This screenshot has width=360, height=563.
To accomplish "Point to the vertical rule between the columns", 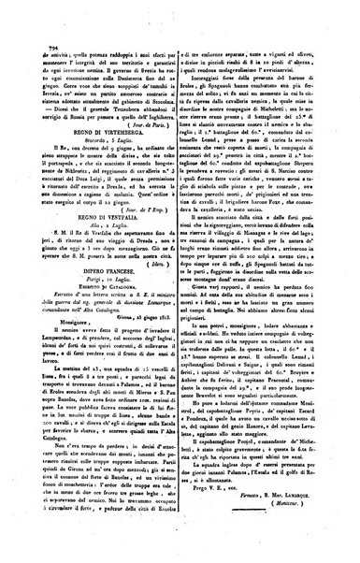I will pyautogui.click(x=180, y=281).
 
